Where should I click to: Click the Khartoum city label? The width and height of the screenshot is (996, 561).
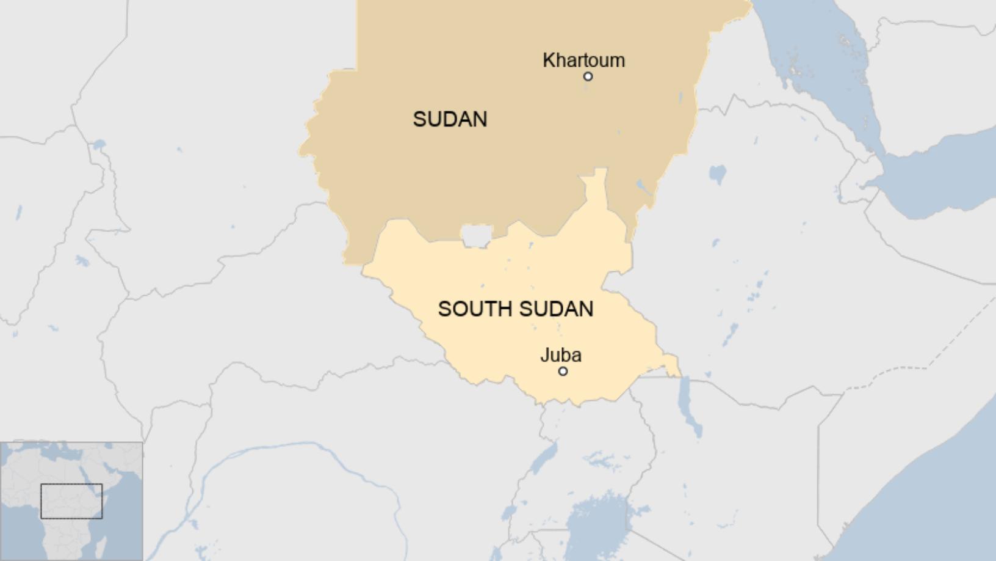pos(583,60)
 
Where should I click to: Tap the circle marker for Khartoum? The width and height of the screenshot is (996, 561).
pos(588,76)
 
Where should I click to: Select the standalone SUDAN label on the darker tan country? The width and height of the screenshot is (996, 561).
pos(450,119)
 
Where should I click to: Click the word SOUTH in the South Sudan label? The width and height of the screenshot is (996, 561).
pos(474,309)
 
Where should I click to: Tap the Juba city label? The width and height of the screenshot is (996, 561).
pos(560,355)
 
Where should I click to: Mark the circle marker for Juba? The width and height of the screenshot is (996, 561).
pos(563,371)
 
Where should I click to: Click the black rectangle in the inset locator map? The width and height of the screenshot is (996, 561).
pos(71,501)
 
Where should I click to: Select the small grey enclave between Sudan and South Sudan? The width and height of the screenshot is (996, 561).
pos(477,234)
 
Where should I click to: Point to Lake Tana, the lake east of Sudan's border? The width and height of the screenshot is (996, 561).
pos(718,174)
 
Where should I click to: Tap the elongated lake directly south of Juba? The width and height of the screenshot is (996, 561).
pos(545,458)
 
